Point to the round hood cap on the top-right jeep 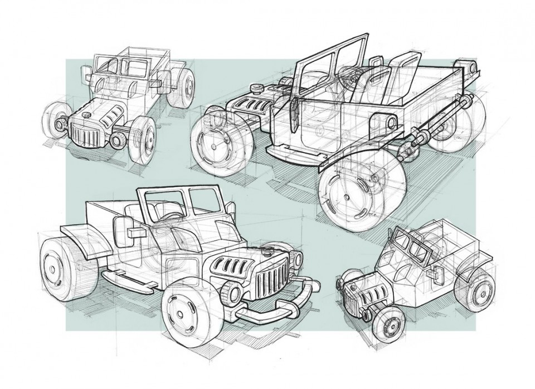[x=257, y=87]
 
